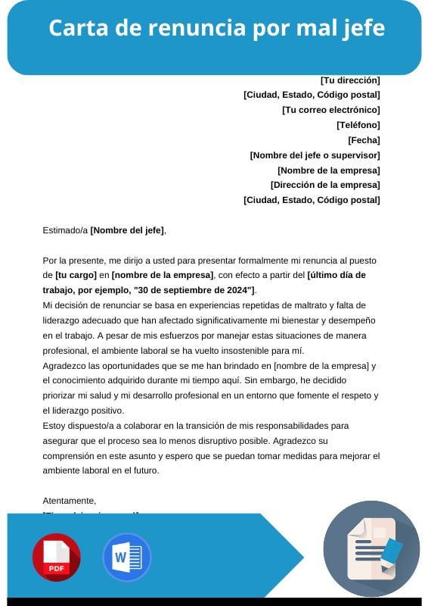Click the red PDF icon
point(56,558)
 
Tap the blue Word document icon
point(126,558)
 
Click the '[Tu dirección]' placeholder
point(350,80)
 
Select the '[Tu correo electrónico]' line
point(330,110)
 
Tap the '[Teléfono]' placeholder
point(358,125)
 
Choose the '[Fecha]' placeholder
point(364,140)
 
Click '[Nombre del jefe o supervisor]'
point(315,155)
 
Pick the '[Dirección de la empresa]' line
point(325,185)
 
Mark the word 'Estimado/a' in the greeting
point(65,230)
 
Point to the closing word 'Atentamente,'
point(70,501)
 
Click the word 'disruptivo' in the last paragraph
point(238,440)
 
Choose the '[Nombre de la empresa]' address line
point(328,170)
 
